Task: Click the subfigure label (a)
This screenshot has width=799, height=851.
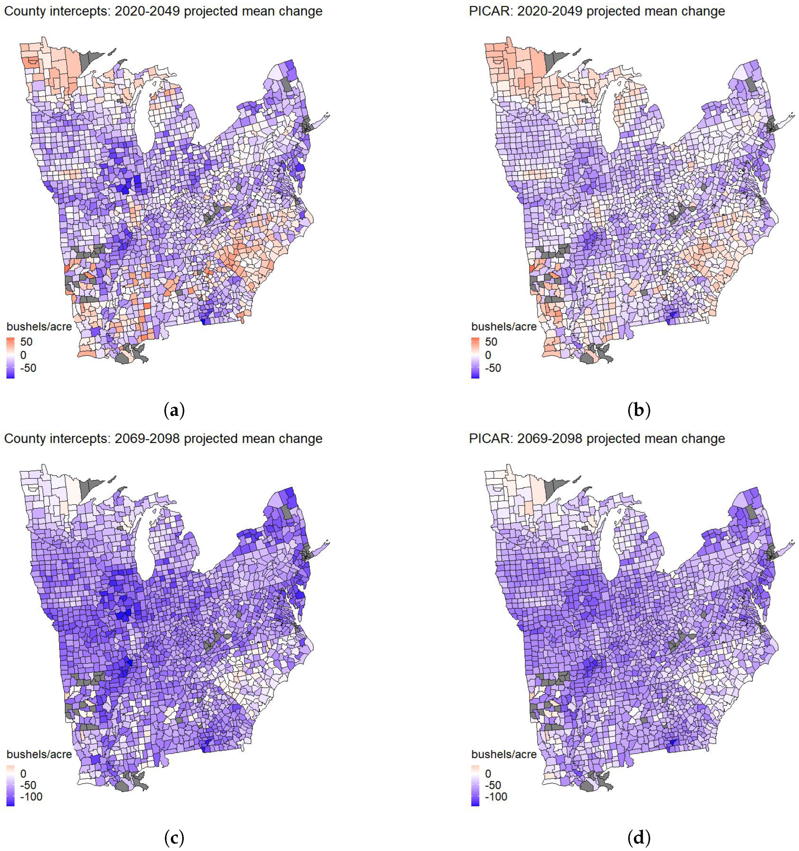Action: click(x=174, y=411)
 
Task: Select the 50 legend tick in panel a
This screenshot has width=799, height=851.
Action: click(x=26, y=342)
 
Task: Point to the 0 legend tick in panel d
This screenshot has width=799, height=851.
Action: click(x=488, y=774)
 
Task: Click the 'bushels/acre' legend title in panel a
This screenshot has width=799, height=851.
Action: click(x=39, y=327)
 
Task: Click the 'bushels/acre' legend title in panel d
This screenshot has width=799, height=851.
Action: click(x=504, y=754)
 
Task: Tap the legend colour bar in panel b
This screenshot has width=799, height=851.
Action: click(x=475, y=358)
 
